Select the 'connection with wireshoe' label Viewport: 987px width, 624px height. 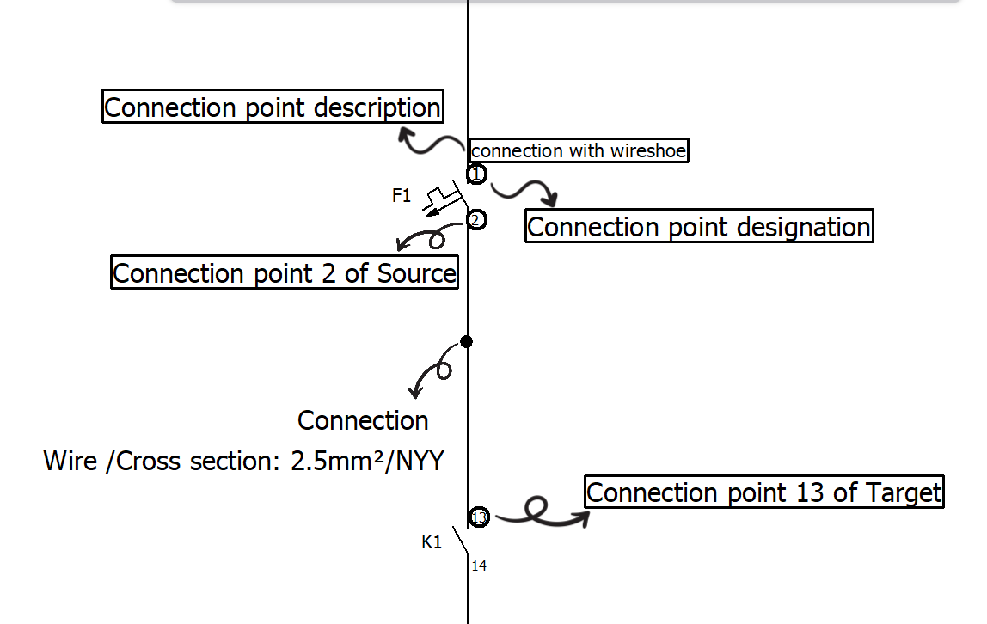coord(579,150)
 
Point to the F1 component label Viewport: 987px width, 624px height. coord(401,196)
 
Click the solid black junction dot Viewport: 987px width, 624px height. coord(467,341)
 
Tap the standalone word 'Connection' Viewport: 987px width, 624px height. coord(363,420)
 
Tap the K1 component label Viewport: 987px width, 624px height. coord(432,541)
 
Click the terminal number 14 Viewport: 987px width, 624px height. coord(479,566)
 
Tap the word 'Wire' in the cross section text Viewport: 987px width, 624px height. coord(70,461)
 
